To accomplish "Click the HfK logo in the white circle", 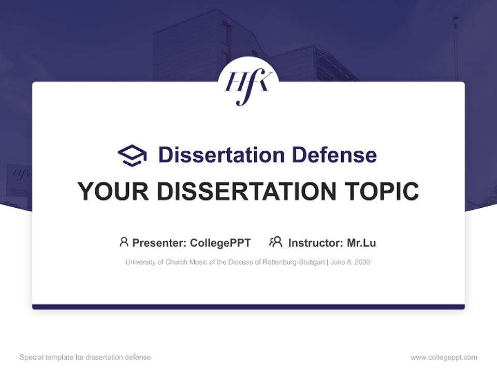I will coord(248,85).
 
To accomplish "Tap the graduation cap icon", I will coord(132,155).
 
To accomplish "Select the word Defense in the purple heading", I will coord(334,155).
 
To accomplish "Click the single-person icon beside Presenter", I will coord(124,242).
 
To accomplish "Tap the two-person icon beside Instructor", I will coord(275,242).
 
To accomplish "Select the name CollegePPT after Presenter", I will coord(220,243).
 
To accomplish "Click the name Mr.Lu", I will coord(361,243).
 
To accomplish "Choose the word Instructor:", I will coord(315,243).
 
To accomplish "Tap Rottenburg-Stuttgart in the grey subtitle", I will coord(294,262).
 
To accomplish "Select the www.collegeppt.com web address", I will coord(444,357).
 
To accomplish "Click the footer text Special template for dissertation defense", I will coord(85,357).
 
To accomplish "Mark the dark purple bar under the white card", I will coord(248,307).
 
